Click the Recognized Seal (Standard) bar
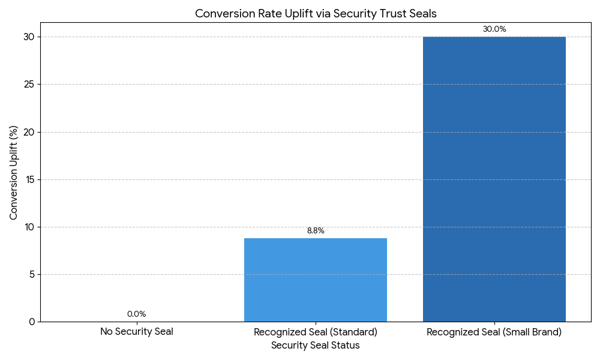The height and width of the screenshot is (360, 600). (316, 280)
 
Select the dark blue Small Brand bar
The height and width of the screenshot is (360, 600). (494, 179)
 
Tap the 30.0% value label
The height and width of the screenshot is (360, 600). (494, 29)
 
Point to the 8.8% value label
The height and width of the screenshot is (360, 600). (316, 230)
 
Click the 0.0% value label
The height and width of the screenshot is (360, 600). (137, 314)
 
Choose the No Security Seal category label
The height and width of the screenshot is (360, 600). (137, 332)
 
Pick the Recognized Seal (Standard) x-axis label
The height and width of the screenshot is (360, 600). (316, 332)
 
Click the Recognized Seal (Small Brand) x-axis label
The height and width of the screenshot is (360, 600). (494, 332)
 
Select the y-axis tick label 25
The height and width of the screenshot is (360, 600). (29, 84)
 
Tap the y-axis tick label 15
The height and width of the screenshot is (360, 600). (29, 179)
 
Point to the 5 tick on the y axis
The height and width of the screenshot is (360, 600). (32, 274)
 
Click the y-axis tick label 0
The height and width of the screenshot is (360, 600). (32, 322)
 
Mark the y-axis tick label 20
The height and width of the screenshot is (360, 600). (29, 132)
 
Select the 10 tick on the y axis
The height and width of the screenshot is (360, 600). (29, 227)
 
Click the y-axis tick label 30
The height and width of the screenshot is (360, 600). (29, 37)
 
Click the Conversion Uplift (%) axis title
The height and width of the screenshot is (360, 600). (13, 173)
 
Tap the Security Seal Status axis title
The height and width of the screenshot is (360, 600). (316, 346)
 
